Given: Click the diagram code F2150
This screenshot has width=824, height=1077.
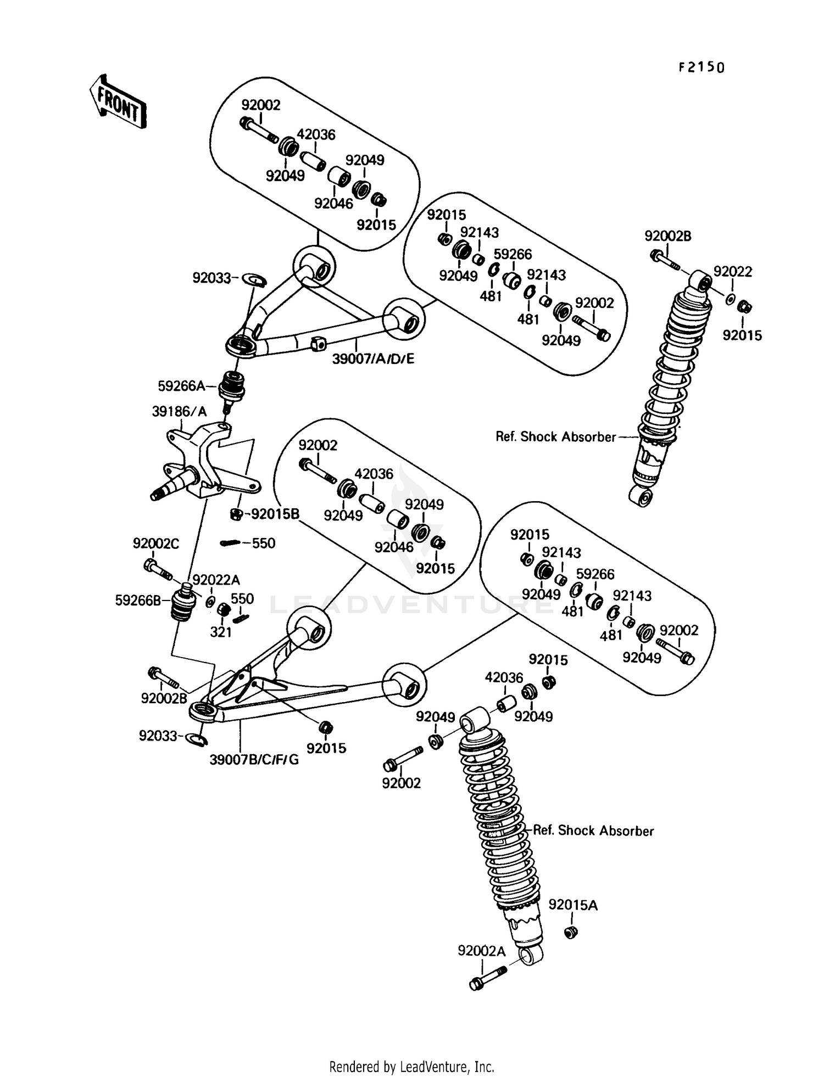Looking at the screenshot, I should point(701,68).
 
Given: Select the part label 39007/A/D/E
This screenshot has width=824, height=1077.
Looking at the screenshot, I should point(373,359).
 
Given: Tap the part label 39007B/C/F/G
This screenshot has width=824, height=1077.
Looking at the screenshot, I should point(254,760).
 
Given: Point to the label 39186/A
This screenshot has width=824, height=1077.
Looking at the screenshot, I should point(179,412).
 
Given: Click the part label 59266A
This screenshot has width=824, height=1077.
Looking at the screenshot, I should point(181,386).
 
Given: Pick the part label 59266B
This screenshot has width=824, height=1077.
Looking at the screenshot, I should point(138,600).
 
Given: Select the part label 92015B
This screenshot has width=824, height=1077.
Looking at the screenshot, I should point(275,514).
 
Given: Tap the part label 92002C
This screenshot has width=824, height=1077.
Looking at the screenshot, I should point(156,543).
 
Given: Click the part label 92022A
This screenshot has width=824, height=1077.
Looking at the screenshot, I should point(216,580).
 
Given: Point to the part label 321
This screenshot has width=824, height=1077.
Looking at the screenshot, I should point(221,632).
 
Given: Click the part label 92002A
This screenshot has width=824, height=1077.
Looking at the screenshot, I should point(481,951).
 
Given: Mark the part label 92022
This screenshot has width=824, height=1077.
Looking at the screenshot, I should point(733,272).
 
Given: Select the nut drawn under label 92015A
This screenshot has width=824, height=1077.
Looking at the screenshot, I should point(572,932).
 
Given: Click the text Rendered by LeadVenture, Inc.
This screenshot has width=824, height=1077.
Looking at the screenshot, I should point(411,1067).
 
